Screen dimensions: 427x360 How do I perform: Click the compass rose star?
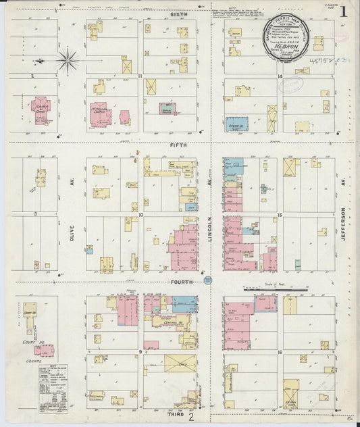tap(68, 61)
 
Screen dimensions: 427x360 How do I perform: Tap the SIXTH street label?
tap(179, 14)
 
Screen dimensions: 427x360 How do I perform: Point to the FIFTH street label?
tap(179, 144)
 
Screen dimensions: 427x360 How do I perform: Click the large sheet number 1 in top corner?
tap(344, 11)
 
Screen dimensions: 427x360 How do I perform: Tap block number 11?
tap(140, 76)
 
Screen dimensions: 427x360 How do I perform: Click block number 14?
tap(279, 76)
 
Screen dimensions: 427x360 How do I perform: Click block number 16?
tap(279, 352)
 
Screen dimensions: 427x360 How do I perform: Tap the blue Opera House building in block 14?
tap(236, 124)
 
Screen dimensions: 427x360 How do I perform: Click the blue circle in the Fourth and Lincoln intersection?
tap(208, 280)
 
